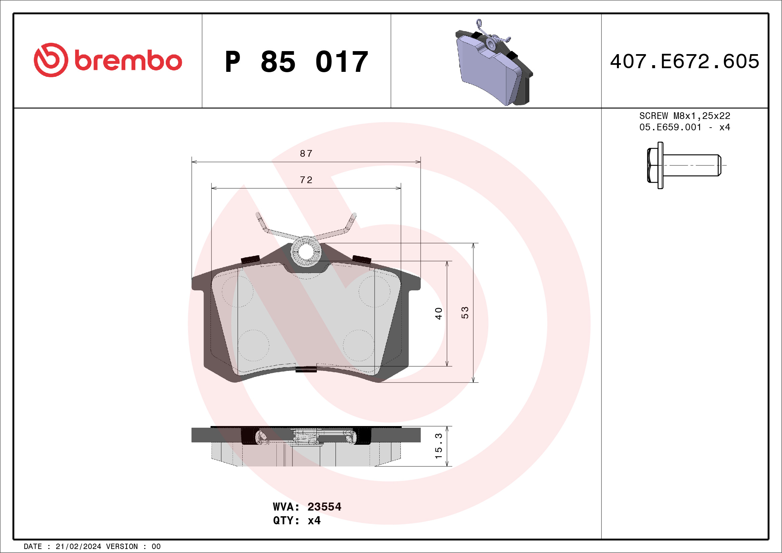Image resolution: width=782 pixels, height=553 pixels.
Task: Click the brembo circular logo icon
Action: tap(51, 60)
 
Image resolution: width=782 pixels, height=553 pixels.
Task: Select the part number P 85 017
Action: tap(297, 61)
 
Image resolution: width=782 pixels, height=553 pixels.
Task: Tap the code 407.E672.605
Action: tap(685, 61)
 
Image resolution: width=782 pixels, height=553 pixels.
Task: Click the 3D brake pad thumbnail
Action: tap(494, 63)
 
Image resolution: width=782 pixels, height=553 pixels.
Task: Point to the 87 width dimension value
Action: tap(306, 154)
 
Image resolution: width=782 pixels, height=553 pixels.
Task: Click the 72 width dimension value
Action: tap(306, 180)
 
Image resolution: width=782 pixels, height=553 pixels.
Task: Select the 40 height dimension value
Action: tap(438, 313)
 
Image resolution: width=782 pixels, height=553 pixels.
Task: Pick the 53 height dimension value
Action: tap(465, 313)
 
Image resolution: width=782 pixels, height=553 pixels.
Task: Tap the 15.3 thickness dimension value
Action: tap(439, 446)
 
